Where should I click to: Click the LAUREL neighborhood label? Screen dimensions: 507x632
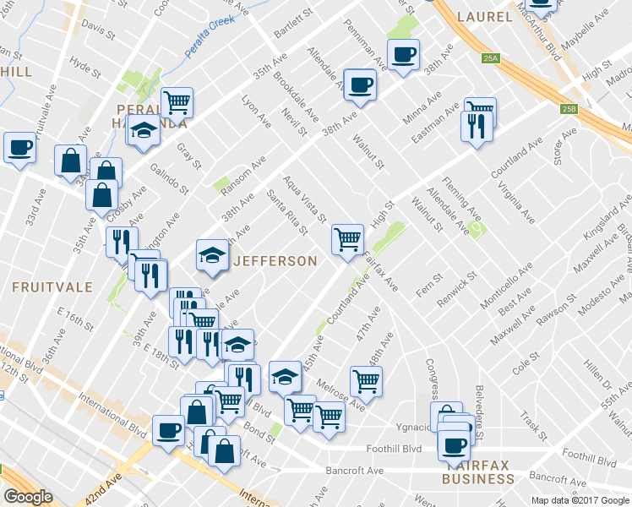[x=484, y=17]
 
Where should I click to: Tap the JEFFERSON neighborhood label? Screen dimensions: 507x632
[x=275, y=261]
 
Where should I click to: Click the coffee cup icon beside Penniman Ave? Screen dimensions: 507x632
[x=403, y=55]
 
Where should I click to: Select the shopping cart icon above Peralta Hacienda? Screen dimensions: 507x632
[x=177, y=102]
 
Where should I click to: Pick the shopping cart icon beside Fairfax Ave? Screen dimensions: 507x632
[x=347, y=239]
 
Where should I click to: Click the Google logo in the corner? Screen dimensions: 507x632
[x=29, y=497]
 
